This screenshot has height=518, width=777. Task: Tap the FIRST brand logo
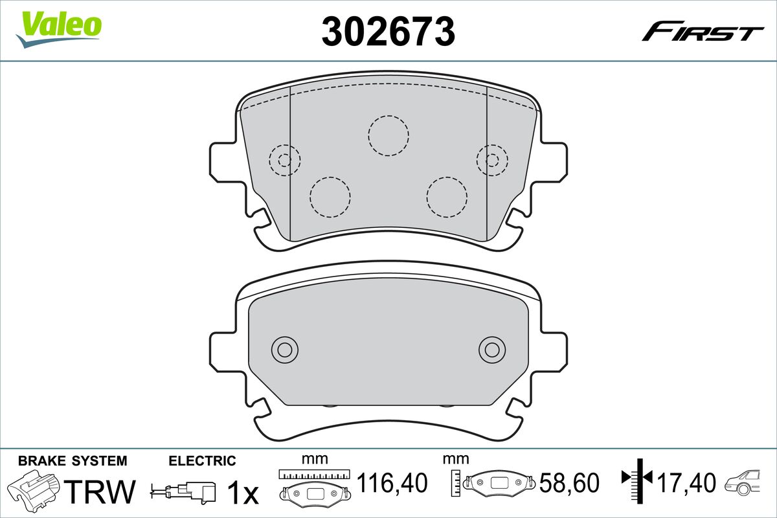703,32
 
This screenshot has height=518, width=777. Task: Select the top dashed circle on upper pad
388,135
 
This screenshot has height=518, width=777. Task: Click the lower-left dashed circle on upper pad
330,196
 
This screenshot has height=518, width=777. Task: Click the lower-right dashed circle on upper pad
447,196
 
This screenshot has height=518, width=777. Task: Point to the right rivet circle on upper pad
492,159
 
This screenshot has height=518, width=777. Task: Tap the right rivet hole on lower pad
492,350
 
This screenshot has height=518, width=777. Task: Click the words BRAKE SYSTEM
73,461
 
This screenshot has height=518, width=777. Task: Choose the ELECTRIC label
202,461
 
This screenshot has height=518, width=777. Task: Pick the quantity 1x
243,493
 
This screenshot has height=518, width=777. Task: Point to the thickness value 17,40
686,483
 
